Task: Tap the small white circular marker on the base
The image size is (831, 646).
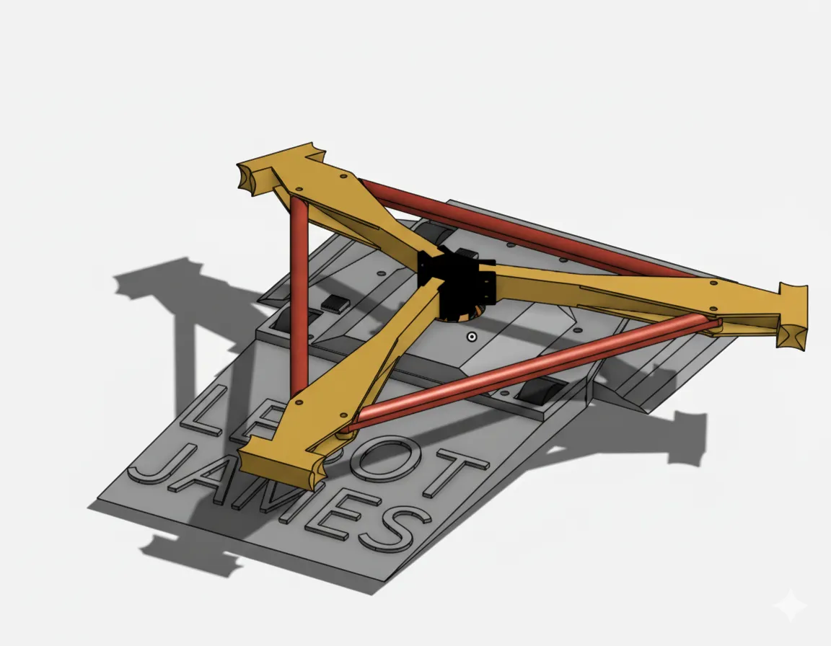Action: pos(471,337)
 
